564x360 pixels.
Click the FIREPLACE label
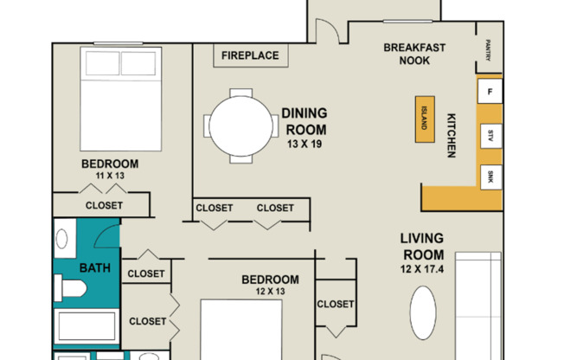tap(250, 55)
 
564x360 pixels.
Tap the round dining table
tap(241, 126)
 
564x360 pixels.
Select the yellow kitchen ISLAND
tap(425, 119)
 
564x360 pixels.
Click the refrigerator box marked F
tap(490, 92)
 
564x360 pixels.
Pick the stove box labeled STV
tap(490, 136)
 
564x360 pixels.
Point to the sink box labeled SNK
tap(490, 177)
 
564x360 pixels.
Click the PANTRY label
tap(488, 49)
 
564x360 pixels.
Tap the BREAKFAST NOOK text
tap(414, 54)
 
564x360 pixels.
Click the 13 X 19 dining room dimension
tap(304, 144)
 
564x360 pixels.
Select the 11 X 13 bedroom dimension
tap(110, 176)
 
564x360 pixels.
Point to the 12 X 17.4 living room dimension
tap(422, 269)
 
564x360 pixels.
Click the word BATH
tap(95, 268)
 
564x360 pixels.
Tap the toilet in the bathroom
tap(71, 288)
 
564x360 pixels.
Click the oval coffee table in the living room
tap(423, 313)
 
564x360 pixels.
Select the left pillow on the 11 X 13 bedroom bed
tap(103, 63)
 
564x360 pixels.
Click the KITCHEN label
tap(451, 135)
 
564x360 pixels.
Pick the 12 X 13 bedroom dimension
tap(270, 291)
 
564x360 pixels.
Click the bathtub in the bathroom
tap(87, 326)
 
